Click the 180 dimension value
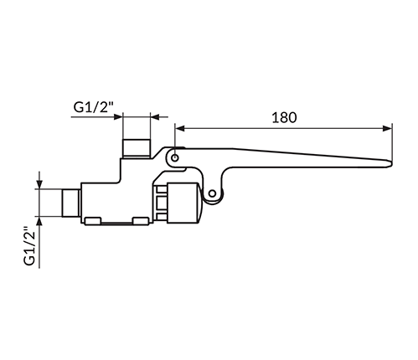pyautogui.click(x=284, y=117)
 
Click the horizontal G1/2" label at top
pyautogui.click(x=94, y=106)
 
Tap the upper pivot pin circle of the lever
pyautogui.click(x=175, y=158)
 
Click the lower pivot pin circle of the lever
pyautogui.click(x=212, y=193)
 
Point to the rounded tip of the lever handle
pyautogui.click(x=390, y=164)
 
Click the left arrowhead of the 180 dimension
pyautogui.click(x=180, y=128)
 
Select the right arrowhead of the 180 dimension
pyautogui.click(x=387, y=128)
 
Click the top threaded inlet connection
pyautogui.click(x=137, y=148)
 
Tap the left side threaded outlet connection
pyautogui.click(x=71, y=203)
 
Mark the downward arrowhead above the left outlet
pyautogui.click(x=39, y=184)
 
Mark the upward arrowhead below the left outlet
pyautogui.click(x=39, y=221)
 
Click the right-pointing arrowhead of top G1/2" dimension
pyautogui.click(x=118, y=116)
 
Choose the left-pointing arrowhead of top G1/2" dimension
pyautogui.click(x=155, y=116)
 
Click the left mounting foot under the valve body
pyautogui.click(x=93, y=221)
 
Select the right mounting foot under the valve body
pyautogui.click(x=141, y=221)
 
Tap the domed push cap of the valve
pyautogui.click(x=200, y=203)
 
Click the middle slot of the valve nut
pyautogui.click(x=162, y=203)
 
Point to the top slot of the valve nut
pyautogui.click(x=162, y=189)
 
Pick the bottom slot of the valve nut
pyautogui.click(x=162, y=216)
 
